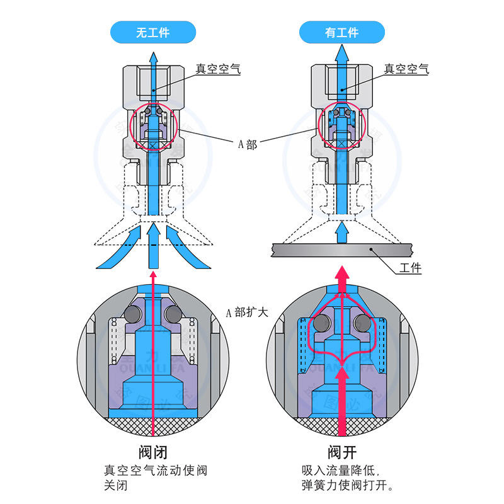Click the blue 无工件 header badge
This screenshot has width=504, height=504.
152,31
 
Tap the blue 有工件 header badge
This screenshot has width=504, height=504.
341,31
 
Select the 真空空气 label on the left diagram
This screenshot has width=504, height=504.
217,69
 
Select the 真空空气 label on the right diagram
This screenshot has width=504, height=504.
406,69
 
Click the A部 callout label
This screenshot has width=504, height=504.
247,144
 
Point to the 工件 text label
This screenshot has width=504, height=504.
410,268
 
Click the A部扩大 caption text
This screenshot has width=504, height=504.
248,312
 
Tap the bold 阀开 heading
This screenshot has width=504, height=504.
341,452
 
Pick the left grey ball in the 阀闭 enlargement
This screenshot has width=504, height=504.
134,314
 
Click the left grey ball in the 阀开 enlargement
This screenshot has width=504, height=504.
323,323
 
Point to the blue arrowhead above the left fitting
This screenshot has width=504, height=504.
152,58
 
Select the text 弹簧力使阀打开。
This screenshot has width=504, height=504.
347,486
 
